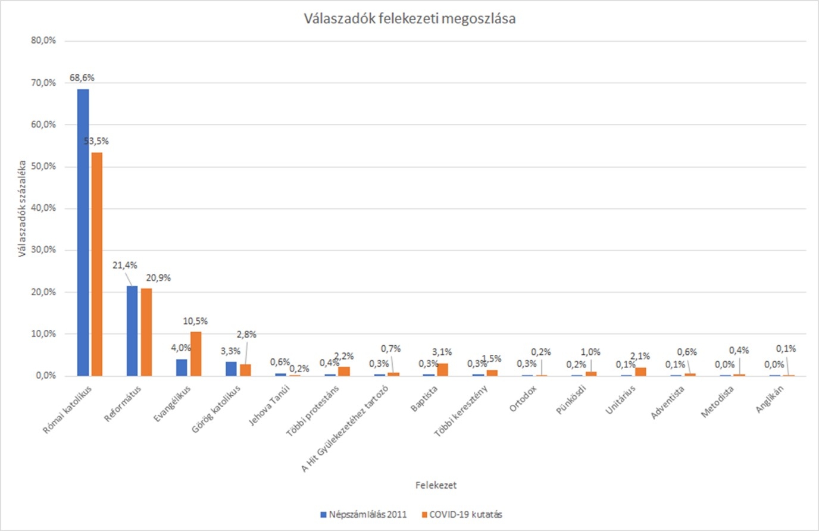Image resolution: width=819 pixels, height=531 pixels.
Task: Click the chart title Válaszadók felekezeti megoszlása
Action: pos(409,19)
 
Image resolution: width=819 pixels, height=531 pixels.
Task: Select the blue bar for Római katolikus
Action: pos(83,232)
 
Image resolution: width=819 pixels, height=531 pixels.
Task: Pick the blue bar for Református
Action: pos(132,331)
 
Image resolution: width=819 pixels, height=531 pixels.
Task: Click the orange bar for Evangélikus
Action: pos(196,354)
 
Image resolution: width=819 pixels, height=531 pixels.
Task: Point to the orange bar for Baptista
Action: pos(442,370)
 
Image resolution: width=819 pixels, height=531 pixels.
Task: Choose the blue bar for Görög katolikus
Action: pos(231,369)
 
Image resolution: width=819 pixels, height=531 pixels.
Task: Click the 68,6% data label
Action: pos(82,78)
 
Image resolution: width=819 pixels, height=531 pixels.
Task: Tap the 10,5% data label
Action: pos(195,321)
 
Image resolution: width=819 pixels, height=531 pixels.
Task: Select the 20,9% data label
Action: pos(158,278)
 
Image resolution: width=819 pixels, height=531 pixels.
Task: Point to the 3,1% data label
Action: pos(442,352)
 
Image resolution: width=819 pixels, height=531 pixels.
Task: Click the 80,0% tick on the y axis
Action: pos(43,41)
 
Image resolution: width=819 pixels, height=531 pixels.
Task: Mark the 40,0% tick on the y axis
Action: pos(43,208)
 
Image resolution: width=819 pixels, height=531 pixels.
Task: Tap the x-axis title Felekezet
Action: pos(436,485)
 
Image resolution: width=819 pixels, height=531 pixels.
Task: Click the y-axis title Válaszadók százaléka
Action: pos(22,208)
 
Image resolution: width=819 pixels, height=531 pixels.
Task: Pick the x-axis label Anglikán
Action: pos(770,399)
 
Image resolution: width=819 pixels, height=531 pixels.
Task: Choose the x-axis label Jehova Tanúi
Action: pos(269,405)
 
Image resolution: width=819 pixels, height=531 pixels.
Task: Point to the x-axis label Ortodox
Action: pos(523,399)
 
